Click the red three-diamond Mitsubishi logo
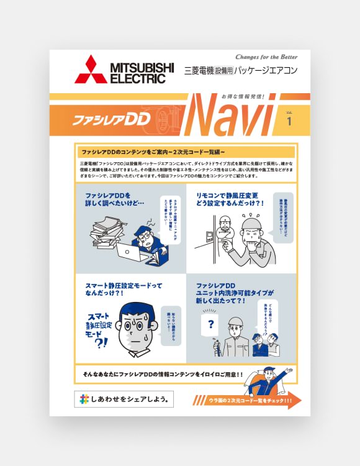tap(91, 70)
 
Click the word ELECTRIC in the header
tap(138, 79)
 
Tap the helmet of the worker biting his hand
tap(254, 224)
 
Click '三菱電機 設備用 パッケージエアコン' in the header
tap(241, 71)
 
